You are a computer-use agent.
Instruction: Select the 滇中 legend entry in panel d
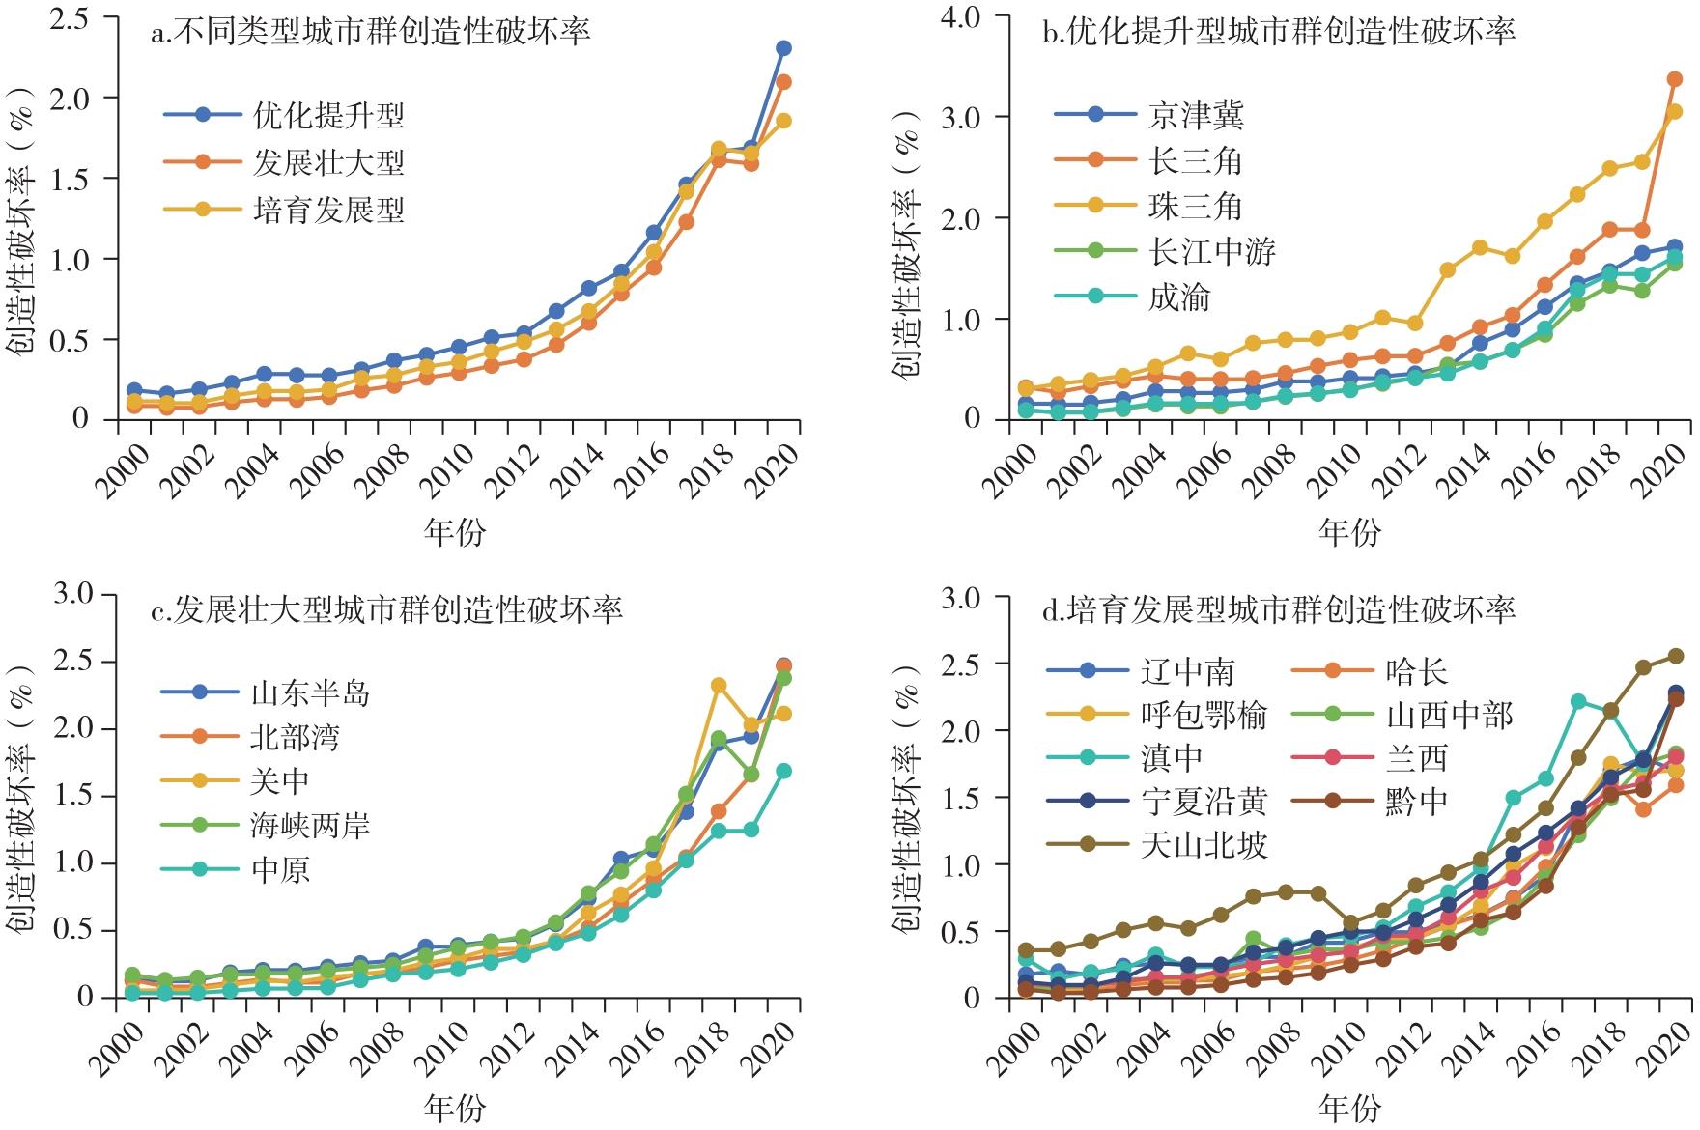point(1172,758)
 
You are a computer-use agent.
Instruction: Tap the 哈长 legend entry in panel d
point(1416,671)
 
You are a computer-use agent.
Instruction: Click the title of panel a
point(371,32)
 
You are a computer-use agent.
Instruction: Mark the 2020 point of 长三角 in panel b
point(1675,79)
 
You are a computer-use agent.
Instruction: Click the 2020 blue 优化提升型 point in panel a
point(783,48)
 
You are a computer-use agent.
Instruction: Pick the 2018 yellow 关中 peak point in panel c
point(719,686)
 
